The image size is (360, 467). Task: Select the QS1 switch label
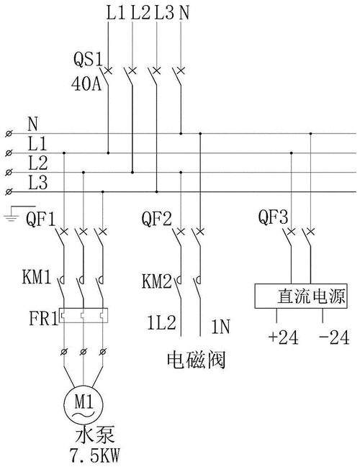(87, 58)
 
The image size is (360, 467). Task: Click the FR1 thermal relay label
(40, 317)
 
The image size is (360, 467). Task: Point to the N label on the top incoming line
(186, 12)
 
